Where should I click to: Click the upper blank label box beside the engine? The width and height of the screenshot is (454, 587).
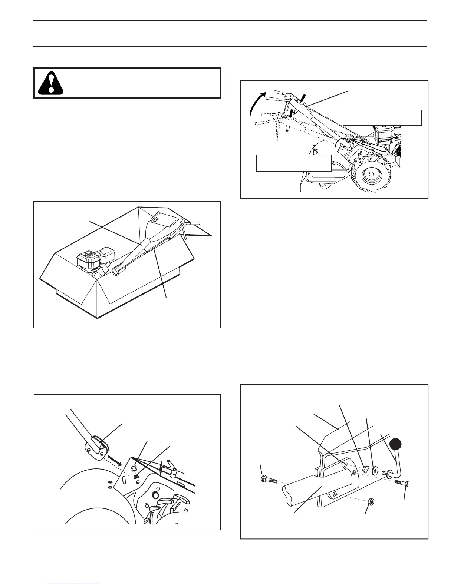(x=382, y=117)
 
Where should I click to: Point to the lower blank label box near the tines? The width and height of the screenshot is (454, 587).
(x=293, y=163)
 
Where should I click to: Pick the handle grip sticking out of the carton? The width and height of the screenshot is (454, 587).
(x=192, y=223)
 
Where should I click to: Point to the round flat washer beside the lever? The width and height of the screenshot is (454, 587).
(x=375, y=471)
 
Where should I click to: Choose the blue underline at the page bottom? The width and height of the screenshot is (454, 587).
(x=74, y=584)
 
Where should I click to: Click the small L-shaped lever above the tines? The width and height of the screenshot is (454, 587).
(x=171, y=468)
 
